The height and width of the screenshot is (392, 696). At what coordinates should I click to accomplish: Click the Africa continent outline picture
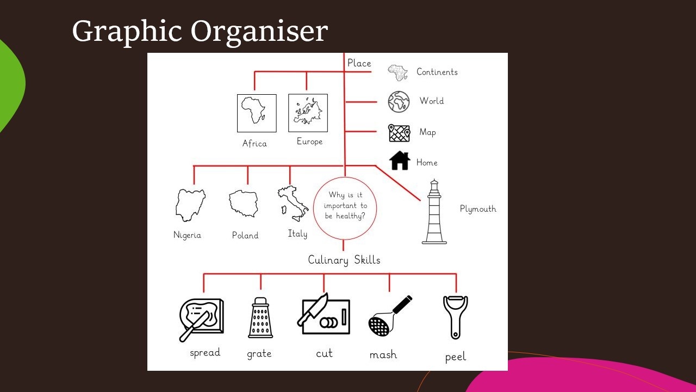point(256,113)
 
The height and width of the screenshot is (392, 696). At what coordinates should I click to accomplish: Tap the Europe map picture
point(308,113)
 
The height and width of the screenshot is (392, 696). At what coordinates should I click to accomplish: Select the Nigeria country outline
point(190,205)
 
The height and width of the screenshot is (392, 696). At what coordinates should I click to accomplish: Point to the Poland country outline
point(244,204)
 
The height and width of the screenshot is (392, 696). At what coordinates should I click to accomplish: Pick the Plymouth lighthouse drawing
point(434,212)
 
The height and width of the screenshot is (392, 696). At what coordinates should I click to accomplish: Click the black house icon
point(400,161)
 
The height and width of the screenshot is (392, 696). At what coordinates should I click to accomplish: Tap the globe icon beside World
point(399,101)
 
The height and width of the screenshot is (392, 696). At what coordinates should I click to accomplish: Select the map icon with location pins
point(399,133)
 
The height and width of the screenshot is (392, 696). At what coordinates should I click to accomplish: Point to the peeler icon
point(455,317)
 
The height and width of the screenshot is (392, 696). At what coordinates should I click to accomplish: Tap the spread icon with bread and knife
point(201,320)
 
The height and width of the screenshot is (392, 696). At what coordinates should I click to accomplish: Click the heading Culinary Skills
point(344,260)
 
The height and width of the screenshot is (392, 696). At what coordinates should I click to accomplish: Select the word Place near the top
point(359,63)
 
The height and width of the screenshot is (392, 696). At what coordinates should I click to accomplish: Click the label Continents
point(437,72)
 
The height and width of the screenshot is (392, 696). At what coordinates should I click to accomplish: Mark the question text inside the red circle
point(345,206)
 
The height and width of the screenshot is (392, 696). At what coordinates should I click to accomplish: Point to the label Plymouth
point(478,209)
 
